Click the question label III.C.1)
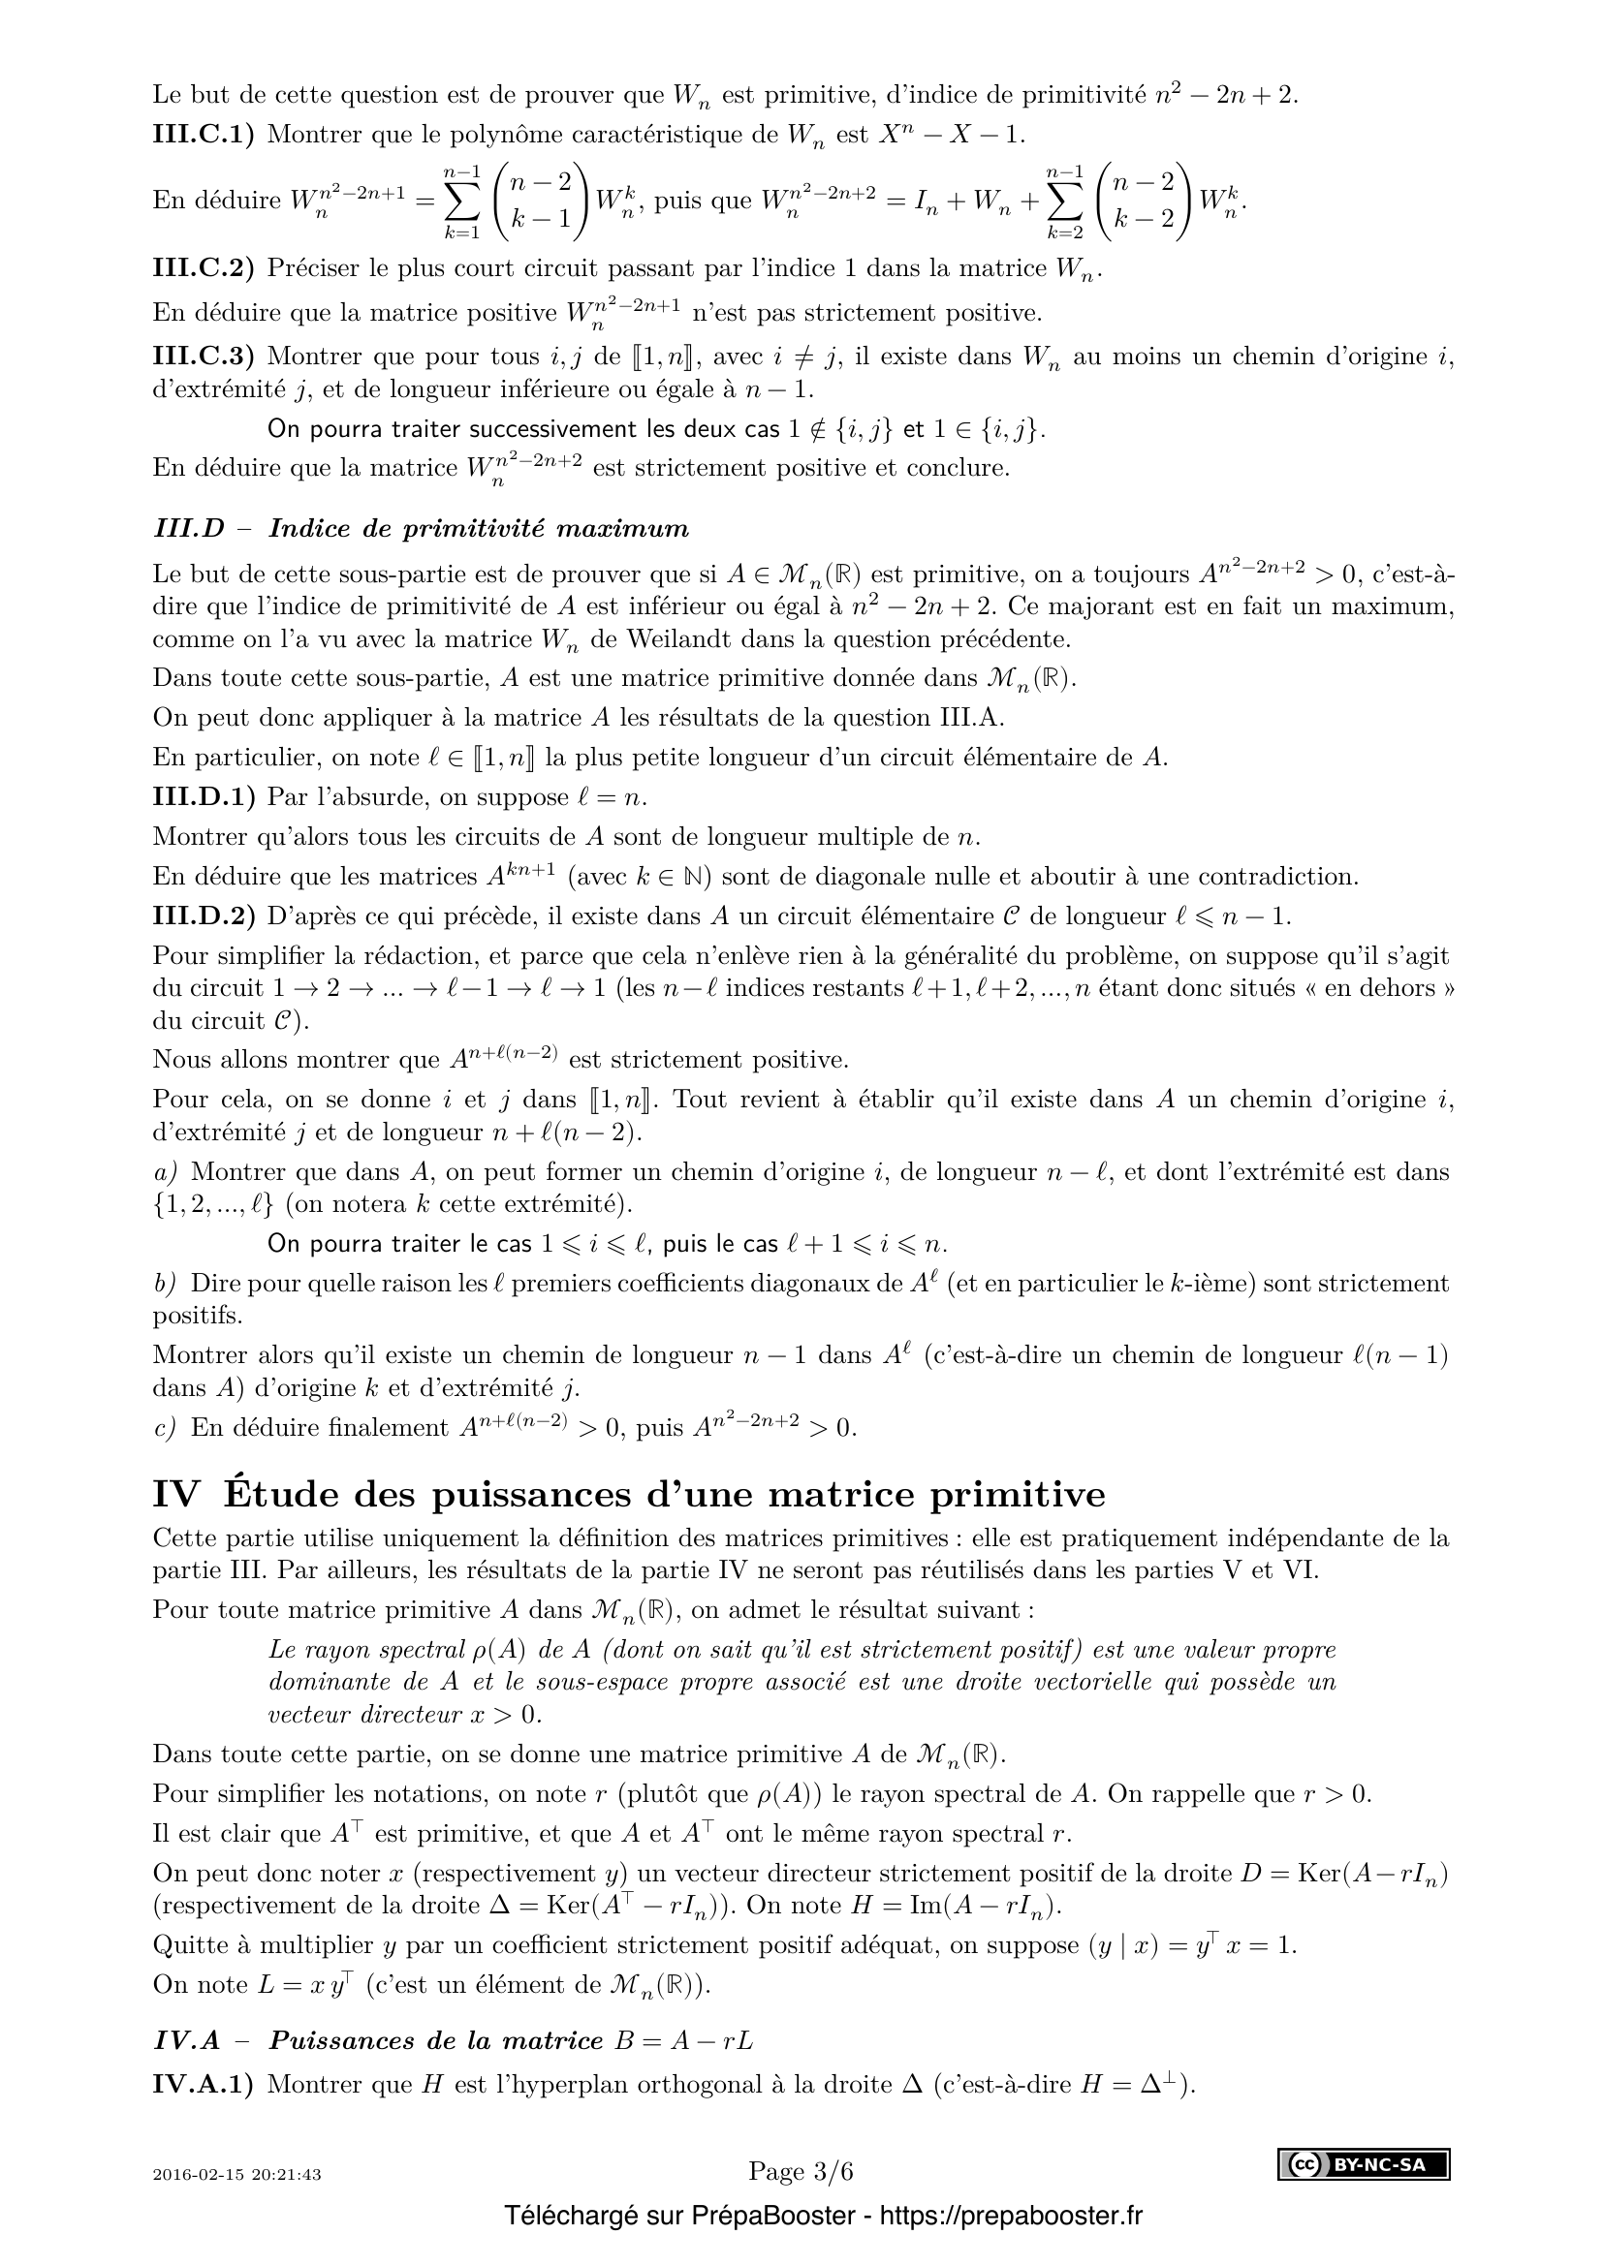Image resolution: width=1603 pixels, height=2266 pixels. (203, 136)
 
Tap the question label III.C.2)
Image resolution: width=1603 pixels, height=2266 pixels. (203, 268)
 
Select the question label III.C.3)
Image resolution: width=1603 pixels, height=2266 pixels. (203, 357)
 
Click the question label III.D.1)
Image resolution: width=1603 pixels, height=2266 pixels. (203, 797)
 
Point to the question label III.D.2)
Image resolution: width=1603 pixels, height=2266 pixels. (203, 916)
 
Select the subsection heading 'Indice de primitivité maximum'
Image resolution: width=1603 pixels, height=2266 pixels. (479, 529)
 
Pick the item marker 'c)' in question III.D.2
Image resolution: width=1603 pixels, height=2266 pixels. (164, 1428)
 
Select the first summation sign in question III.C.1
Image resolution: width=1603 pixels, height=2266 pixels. (462, 202)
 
